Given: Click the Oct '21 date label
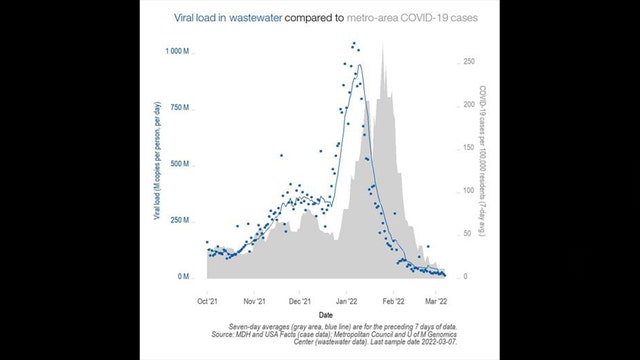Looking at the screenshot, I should point(209,299).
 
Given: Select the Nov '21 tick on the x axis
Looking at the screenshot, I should point(254,299).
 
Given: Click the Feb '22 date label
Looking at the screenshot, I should point(393,299).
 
